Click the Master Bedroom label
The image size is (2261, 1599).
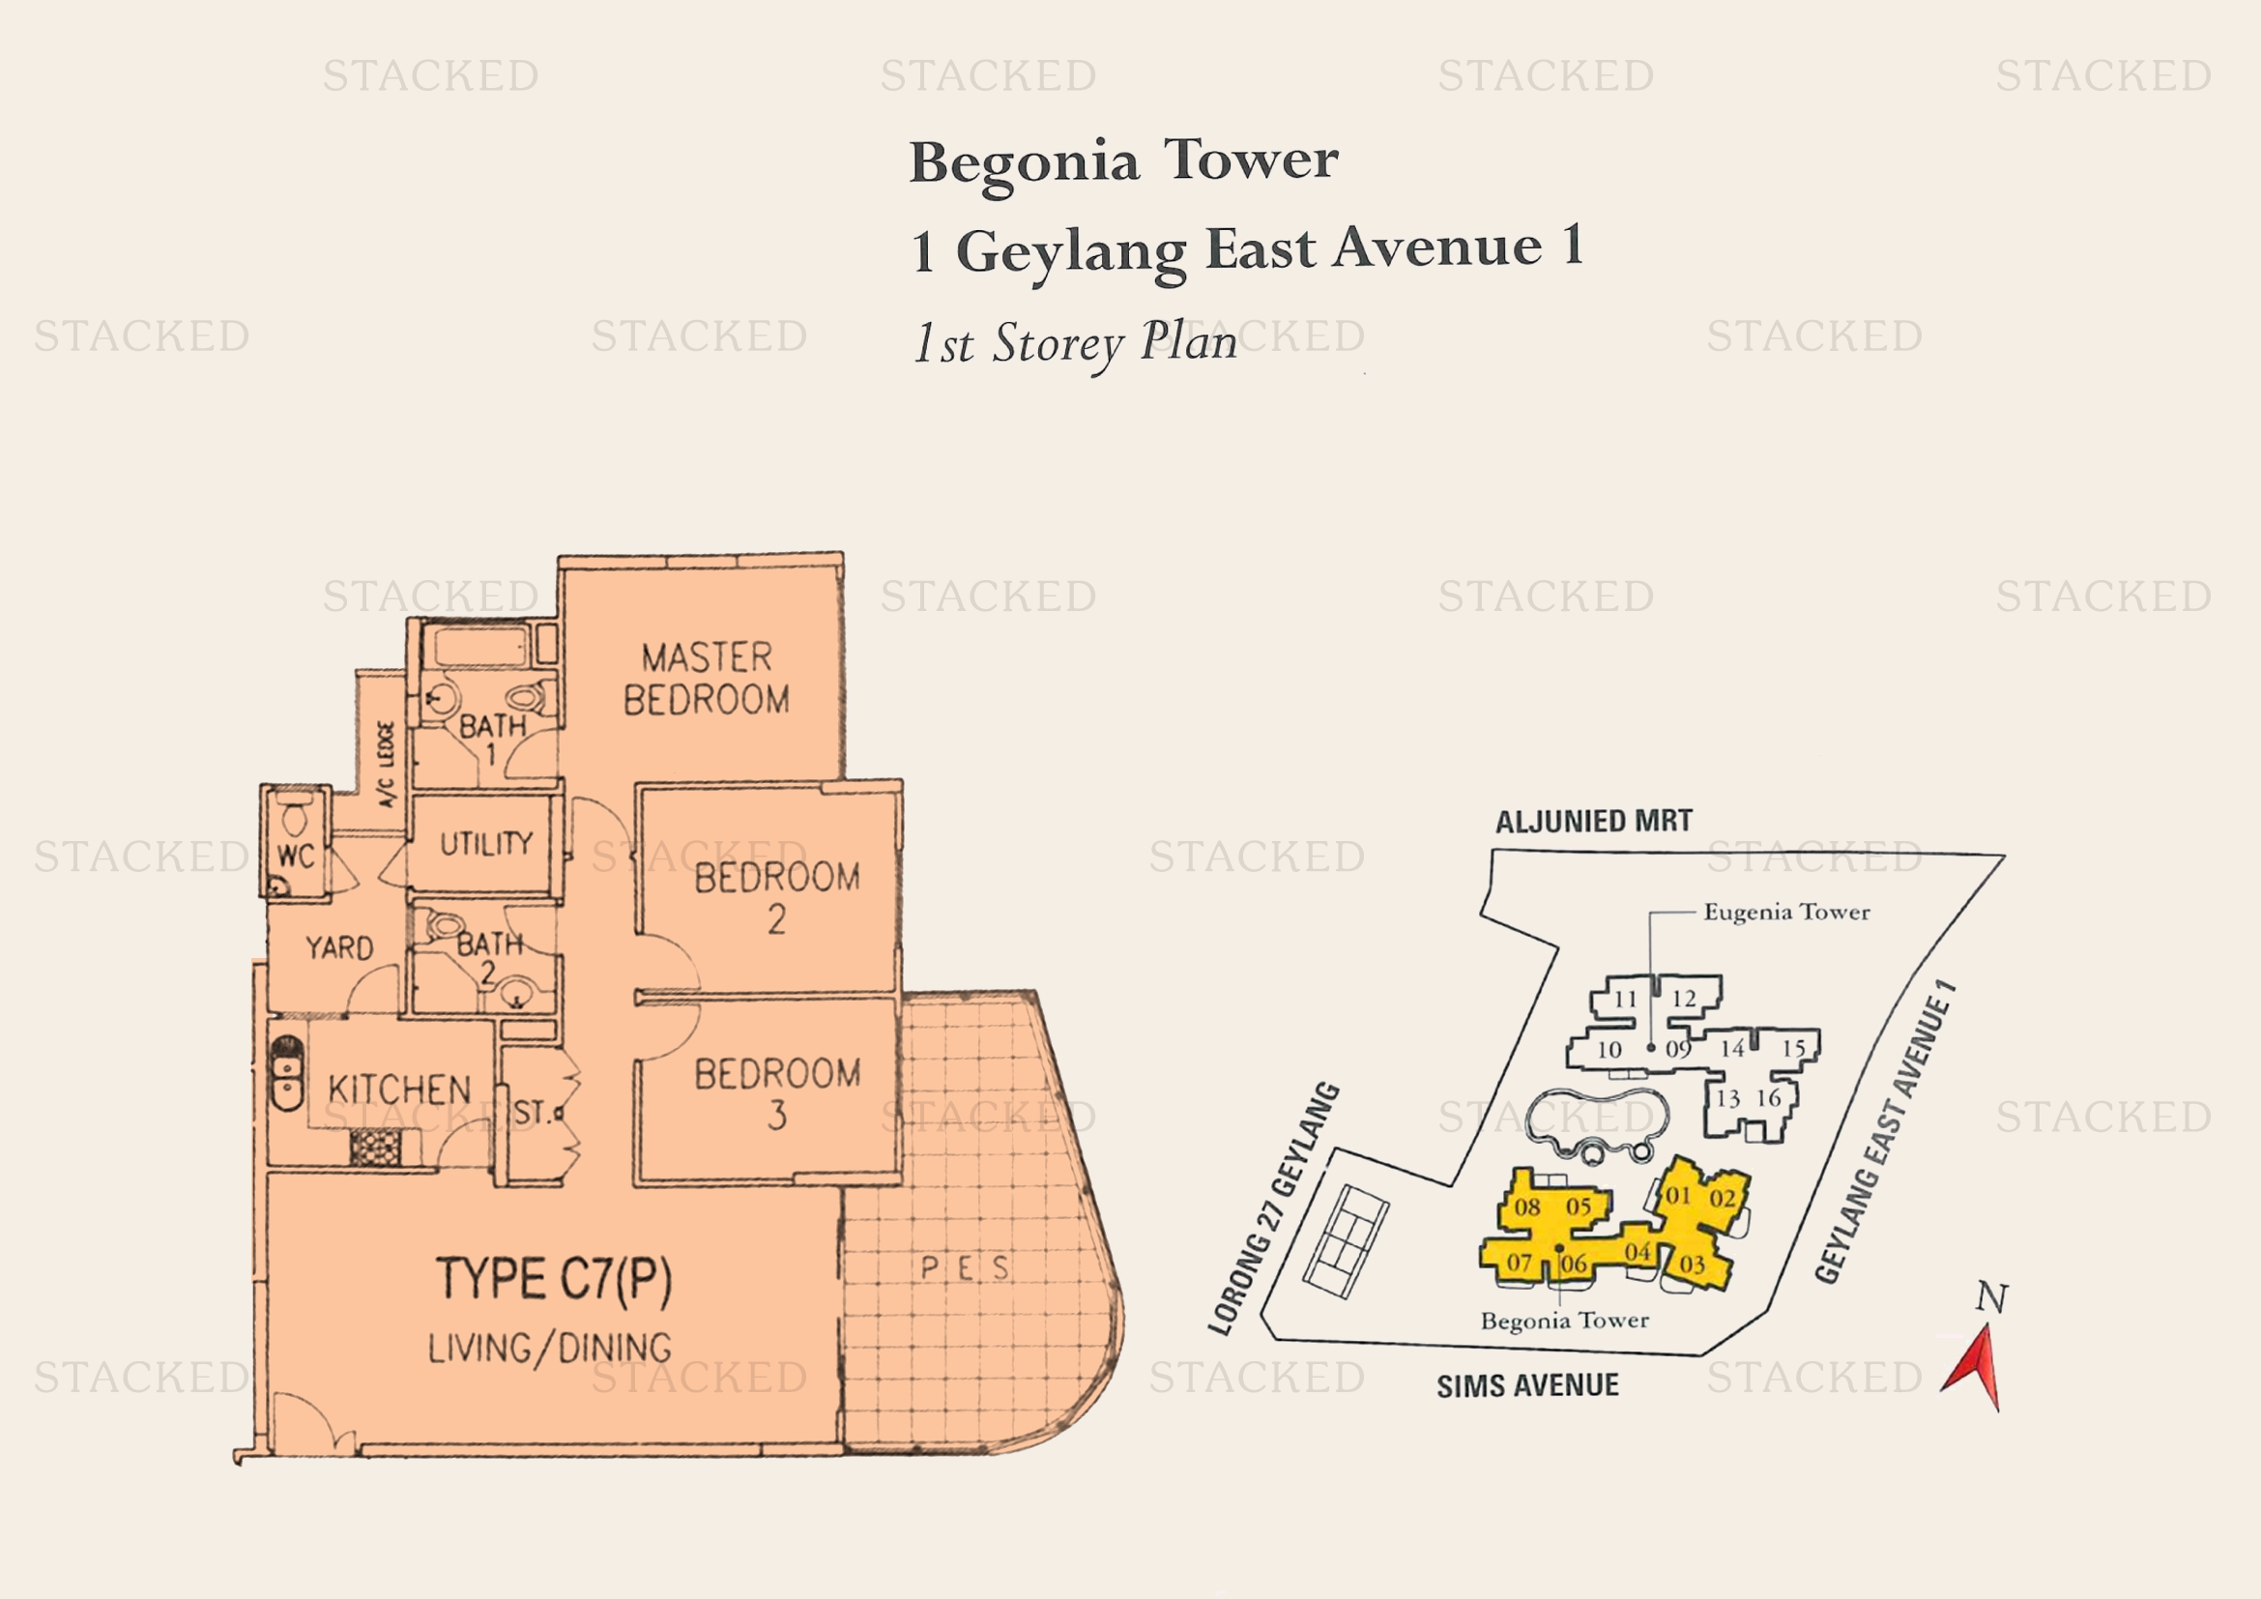[x=706, y=679]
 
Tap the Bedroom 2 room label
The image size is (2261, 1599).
[x=777, y=897]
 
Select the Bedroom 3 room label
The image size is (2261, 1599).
[x=777, y=1093]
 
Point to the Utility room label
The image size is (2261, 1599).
[x=485, y=843]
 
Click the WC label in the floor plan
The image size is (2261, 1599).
[x=296, y=856]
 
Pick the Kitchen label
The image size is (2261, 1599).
[x=399, y=1089]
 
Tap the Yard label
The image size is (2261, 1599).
[x=338, y=947]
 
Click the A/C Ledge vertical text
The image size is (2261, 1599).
[x=386, y=764]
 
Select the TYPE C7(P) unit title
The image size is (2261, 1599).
[x=554, y=1280]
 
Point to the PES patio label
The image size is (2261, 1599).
[x=964, y=1268]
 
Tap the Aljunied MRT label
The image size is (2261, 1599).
[x=1593, y=821]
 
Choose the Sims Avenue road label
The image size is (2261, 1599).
[x=1527, y=1385]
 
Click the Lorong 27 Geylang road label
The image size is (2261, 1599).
[x=1274, y=1208]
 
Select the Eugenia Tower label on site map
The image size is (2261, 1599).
[x=1786, y=913]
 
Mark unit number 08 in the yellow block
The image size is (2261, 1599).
[x=1527, y=1207]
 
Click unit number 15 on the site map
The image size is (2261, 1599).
[x=1793, y=1049]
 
